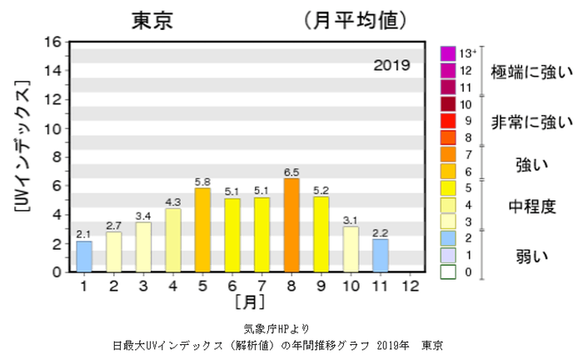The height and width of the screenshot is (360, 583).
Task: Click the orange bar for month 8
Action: (x=291, y=226)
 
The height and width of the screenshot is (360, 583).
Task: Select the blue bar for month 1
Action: (x=84, y=257)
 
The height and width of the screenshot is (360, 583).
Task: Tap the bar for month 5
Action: (x=202, y=230)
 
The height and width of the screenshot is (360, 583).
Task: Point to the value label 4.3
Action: (x=172, y=202)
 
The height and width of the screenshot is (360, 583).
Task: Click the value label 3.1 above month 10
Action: (x=350, y=220)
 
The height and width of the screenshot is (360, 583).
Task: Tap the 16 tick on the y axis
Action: (x=52, y=42)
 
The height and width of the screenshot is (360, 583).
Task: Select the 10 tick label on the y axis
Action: (x=52, y=129)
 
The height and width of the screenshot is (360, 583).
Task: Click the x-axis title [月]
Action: (x=247, y=301)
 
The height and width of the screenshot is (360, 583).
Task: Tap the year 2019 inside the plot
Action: (x=391, y=64)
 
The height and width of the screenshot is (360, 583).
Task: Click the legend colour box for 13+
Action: (x=448, y=52)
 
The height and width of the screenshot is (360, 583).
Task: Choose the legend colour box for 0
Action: (x=448, y=272)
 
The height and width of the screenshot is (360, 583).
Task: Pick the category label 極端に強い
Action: (x=531, y=73)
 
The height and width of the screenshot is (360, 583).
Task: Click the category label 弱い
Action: (x=531, y=255)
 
